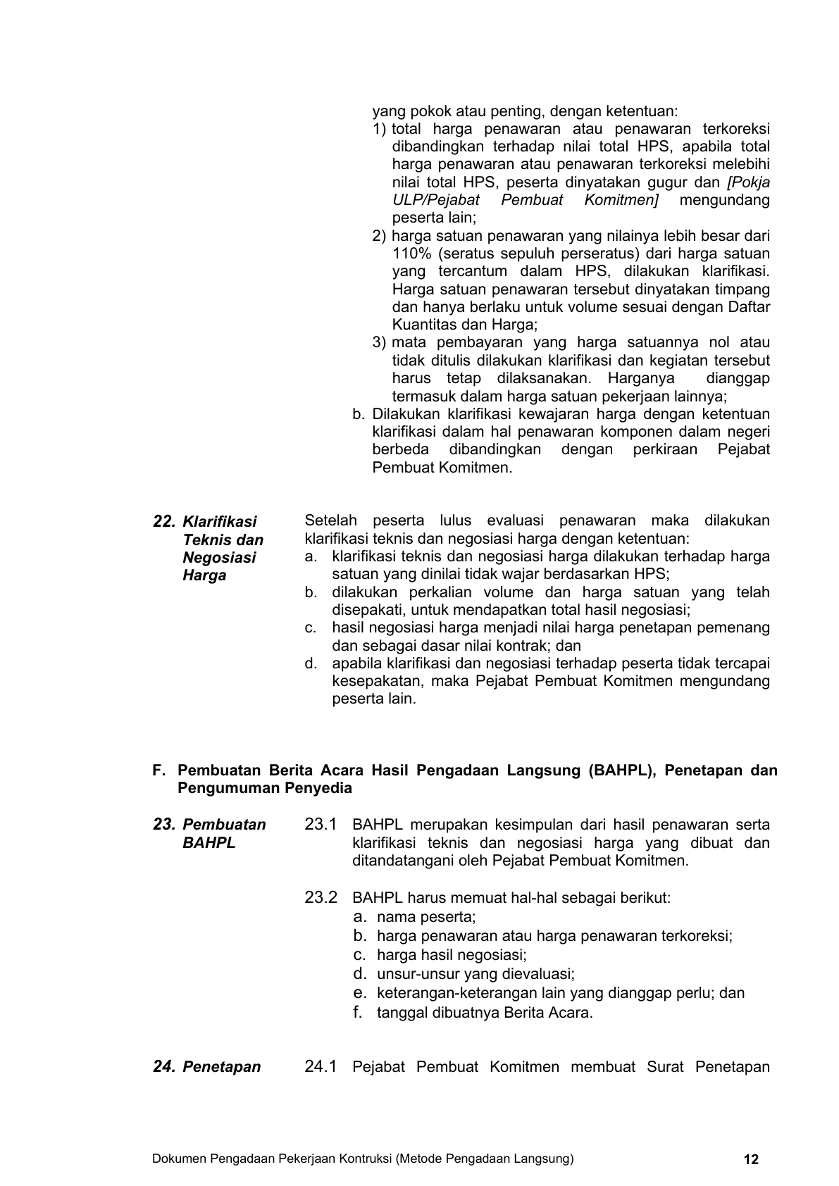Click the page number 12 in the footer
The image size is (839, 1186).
(751, 1159)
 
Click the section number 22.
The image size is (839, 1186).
(163, 522)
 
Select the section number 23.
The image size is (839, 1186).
(163, 825)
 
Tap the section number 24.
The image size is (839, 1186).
(163, 1067)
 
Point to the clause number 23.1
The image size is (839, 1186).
(321, 825)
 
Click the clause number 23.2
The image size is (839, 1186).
(321, 898)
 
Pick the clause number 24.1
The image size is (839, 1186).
(321, 1067)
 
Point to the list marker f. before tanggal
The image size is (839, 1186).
(358, 1013)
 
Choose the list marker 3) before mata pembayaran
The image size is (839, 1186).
(380, 343)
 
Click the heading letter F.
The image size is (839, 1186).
(159, 770)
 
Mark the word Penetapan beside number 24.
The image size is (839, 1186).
(221, 1067)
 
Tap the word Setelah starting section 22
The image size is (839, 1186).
(330, 521)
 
